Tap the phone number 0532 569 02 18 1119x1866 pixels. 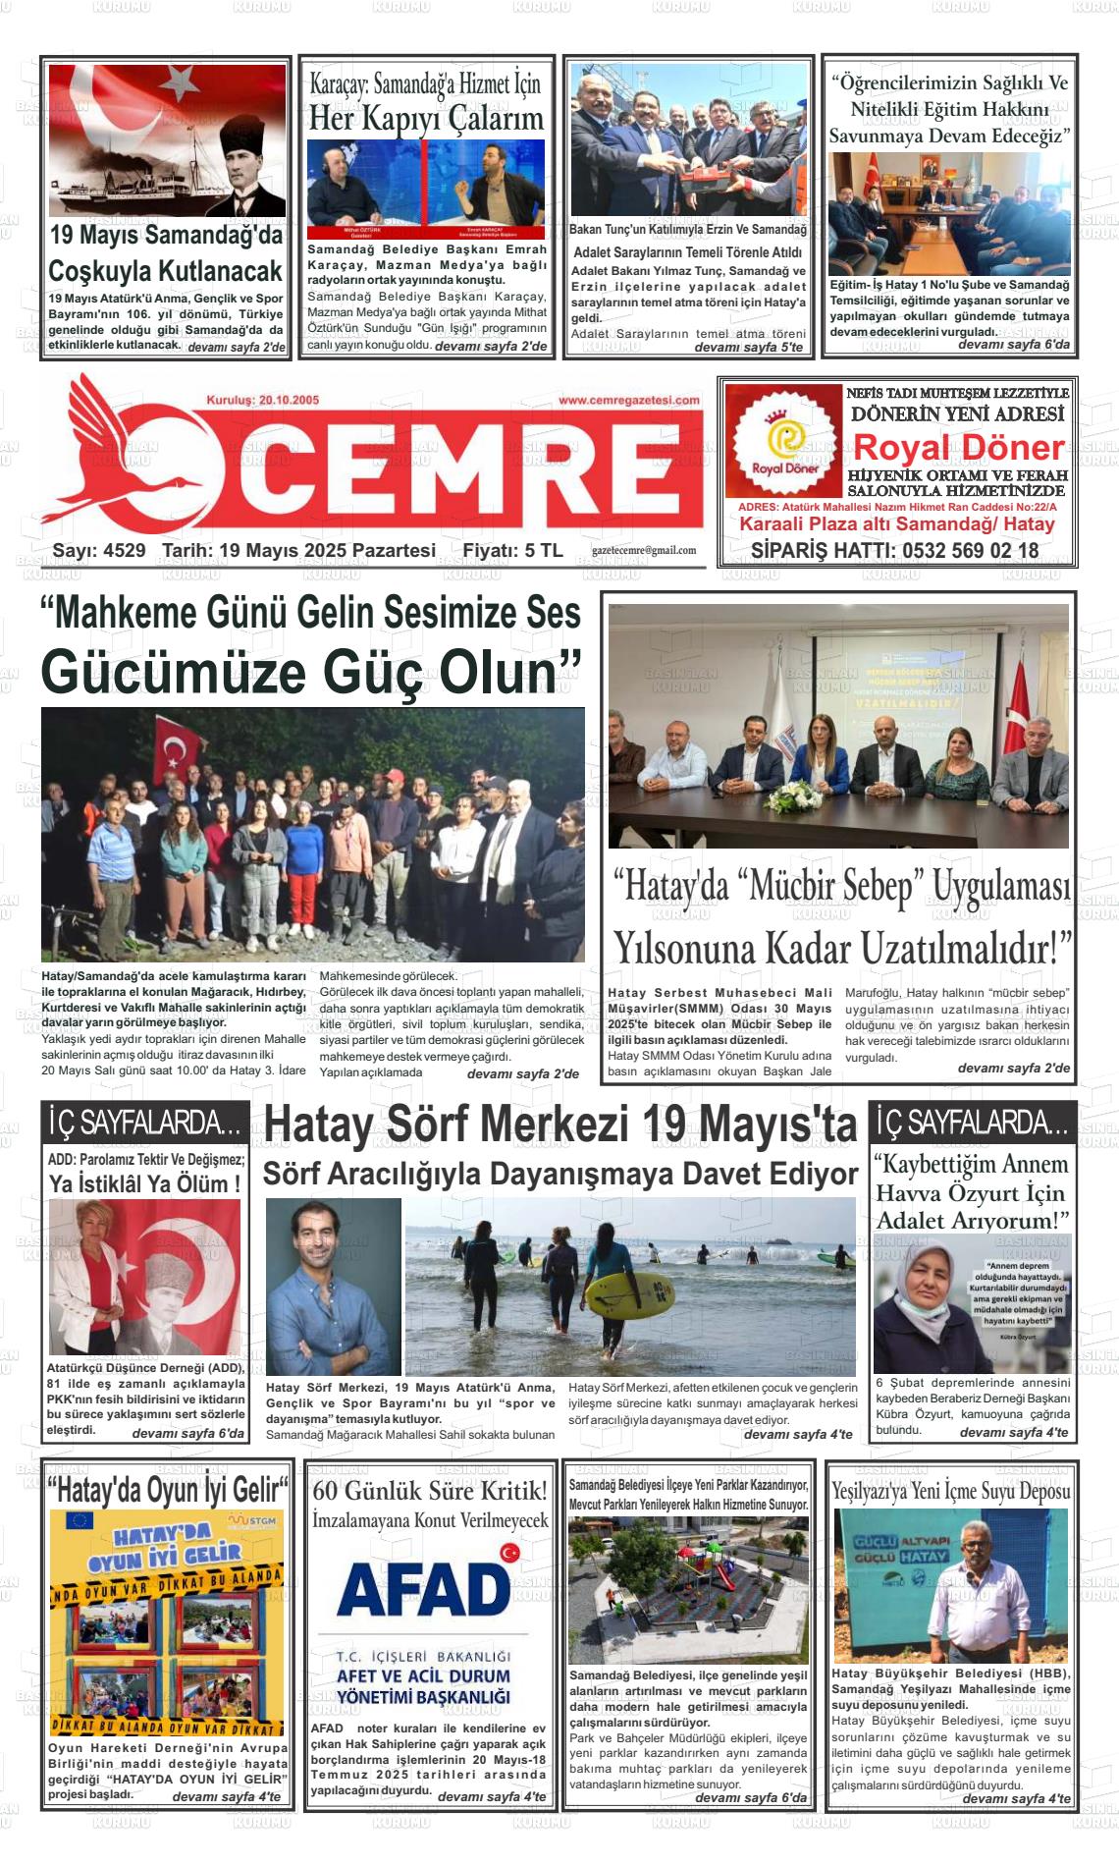click(966, 550)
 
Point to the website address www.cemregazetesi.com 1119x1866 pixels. click(628, 400)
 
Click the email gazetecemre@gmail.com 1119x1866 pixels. click(644, 551)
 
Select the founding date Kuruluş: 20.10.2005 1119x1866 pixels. click(262, 401)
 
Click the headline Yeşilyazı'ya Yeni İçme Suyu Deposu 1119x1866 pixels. click(950, 1491)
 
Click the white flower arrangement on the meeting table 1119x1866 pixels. click(795, 796)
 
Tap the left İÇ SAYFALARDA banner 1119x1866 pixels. click(144, 1122)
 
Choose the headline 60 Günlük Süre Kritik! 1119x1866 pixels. click(430, 1491)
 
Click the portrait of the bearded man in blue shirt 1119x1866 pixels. click(333, 1287)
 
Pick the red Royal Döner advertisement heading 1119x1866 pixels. click(958, 448)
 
